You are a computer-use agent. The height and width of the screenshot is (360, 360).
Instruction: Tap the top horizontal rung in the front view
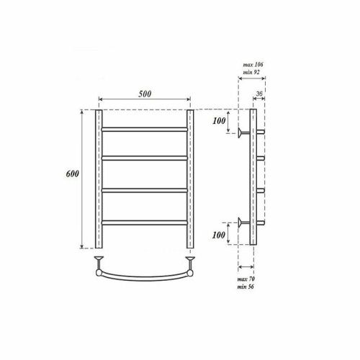[145, 129]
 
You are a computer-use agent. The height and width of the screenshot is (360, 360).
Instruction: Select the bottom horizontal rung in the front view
[145, 221]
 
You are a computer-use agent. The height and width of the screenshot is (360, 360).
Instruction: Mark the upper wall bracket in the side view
[243, 132]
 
